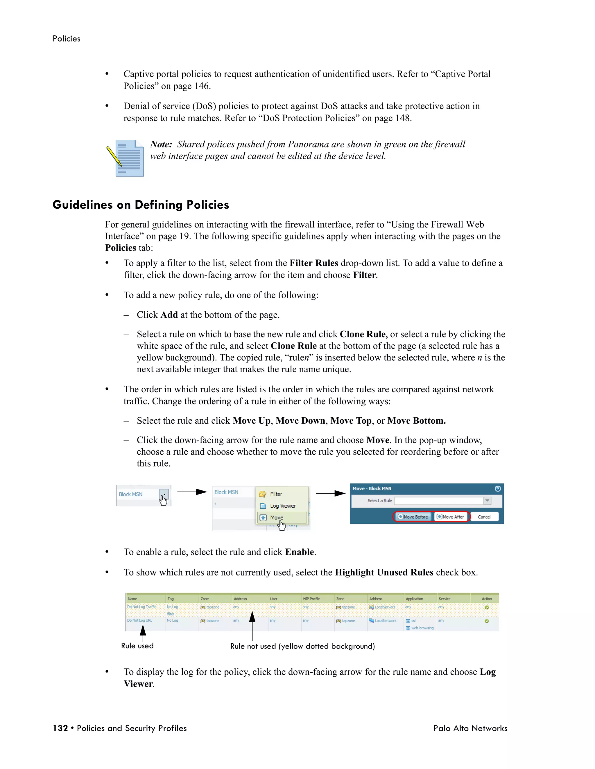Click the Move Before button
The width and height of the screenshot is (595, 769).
pos(413,517)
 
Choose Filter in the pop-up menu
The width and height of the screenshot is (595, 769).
pos(276,494)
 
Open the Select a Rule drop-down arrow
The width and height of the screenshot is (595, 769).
pos(487,500)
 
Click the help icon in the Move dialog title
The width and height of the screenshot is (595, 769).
pos(498,488)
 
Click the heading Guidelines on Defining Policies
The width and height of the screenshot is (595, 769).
pos(141,205)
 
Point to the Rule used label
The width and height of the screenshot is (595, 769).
pos(137,646)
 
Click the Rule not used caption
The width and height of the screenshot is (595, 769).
pos(302,646)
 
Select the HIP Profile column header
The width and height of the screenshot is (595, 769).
pos(311,599)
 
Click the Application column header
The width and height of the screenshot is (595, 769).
pos(414,599)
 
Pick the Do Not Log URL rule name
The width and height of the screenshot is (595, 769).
pos(139,620)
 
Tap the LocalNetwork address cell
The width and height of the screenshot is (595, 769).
pos(385,621)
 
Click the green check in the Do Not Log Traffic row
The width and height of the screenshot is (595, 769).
pos(486,607)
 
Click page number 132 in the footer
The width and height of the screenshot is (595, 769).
pos(60,728)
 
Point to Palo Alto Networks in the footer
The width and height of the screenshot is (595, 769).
pos(470,728)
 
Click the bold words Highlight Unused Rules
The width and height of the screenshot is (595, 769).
pos(384,572)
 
